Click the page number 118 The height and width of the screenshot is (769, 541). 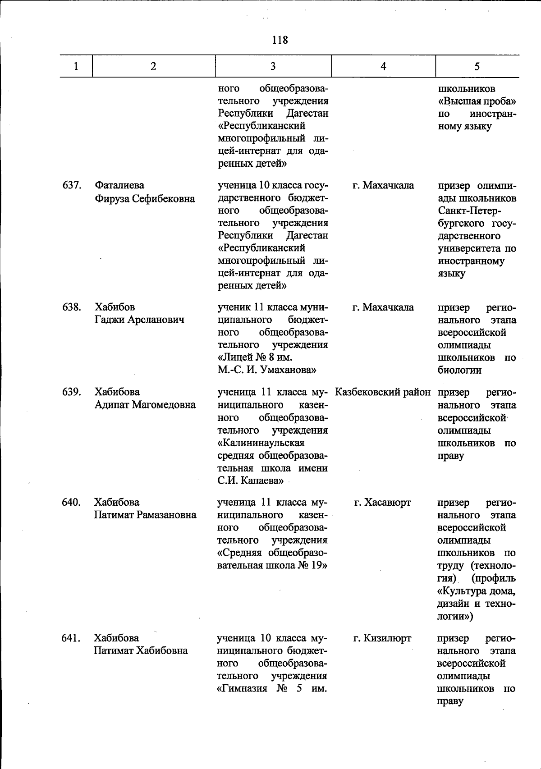[280, 40]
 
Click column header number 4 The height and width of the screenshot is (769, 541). [383, 66]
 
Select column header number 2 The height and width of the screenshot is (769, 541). [154, 66]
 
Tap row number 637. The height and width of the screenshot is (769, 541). [71, 185]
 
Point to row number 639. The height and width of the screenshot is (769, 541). [71, 392]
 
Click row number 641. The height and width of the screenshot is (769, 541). [71, 638]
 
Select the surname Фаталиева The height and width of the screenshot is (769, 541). [119, 185]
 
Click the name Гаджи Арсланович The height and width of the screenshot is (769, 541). [139, 320]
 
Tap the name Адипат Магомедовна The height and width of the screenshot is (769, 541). [145, 405]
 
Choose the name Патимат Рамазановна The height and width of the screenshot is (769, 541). [145, 515]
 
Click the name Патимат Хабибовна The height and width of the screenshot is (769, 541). [140, 650]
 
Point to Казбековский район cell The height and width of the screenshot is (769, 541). [383, 392]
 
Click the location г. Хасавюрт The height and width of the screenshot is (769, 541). [382, 502]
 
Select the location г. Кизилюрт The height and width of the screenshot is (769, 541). [382, 638]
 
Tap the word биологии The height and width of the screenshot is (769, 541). [459, 371]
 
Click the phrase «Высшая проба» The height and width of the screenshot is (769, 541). [477, 101]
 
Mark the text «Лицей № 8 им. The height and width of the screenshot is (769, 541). [255, 358]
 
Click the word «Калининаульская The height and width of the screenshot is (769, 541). [261, 443]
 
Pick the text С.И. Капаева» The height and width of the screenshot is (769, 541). [250, 481]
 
